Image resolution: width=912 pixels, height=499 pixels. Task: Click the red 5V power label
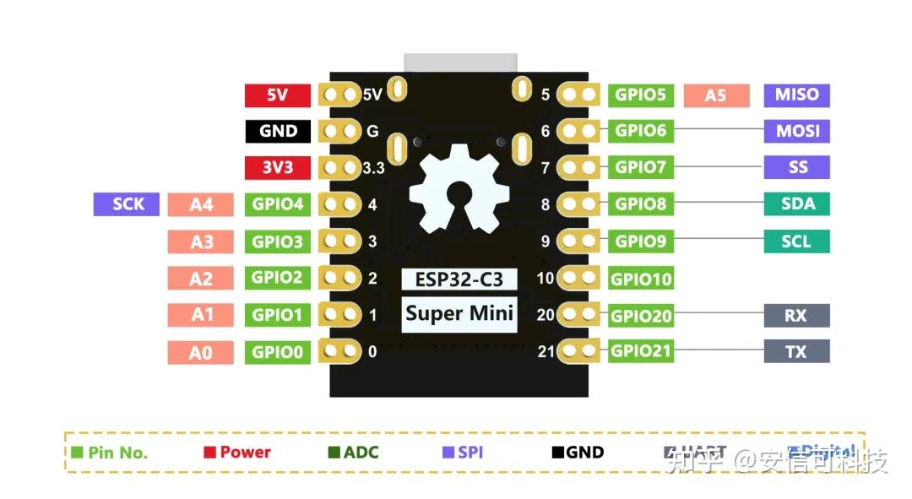(277, 95)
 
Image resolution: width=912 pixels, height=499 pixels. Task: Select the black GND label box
(278, 131)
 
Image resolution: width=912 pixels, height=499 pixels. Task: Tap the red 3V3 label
(277, 167)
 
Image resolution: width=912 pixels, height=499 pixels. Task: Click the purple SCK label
(127, 203)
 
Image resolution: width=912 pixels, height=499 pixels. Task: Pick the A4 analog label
(201, 204)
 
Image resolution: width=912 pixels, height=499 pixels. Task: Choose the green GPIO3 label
(277, 241)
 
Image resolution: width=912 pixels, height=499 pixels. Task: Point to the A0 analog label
(201, 352)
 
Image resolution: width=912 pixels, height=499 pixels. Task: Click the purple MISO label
(796, 95)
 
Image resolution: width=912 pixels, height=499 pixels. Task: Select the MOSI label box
(796, 131)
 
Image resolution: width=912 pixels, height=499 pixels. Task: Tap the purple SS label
(796, 167)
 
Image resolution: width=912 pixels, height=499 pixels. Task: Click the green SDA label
(796, 203)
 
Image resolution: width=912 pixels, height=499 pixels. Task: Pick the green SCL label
(796, 241)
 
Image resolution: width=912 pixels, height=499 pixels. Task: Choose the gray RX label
(796, 315)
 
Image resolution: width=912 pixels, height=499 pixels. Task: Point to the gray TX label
(796, 351)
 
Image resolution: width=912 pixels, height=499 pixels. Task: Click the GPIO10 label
(641, 279)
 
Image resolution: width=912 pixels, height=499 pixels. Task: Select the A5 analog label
(715, 95)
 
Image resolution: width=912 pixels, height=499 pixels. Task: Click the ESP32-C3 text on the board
(458, 279)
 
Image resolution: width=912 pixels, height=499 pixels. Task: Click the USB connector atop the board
(460, 63)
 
